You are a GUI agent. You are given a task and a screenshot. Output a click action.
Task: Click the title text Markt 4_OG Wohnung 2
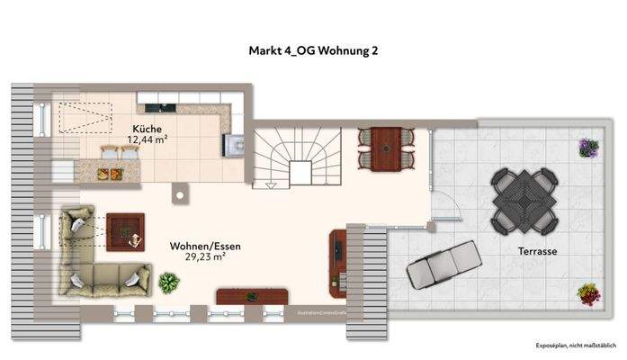click(313, 50)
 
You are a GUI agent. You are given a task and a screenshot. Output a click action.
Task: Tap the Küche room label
click(148, 128)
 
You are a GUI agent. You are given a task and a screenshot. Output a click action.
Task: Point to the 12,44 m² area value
click(149, 139)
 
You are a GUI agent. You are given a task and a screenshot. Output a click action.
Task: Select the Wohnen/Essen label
click(205, 245)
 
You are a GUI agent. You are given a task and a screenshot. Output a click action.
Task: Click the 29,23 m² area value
click(205, 256)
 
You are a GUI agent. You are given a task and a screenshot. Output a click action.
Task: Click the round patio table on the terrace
click(523, 202)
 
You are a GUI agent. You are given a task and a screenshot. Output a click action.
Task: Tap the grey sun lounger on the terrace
click(444, 265)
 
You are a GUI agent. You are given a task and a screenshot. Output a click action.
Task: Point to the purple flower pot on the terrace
click(588, 147)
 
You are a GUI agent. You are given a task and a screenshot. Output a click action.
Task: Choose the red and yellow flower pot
click(588, 294)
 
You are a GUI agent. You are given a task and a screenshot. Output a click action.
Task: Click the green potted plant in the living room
click(168, 283)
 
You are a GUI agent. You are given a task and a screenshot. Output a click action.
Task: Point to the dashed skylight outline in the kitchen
click(85, 118)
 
